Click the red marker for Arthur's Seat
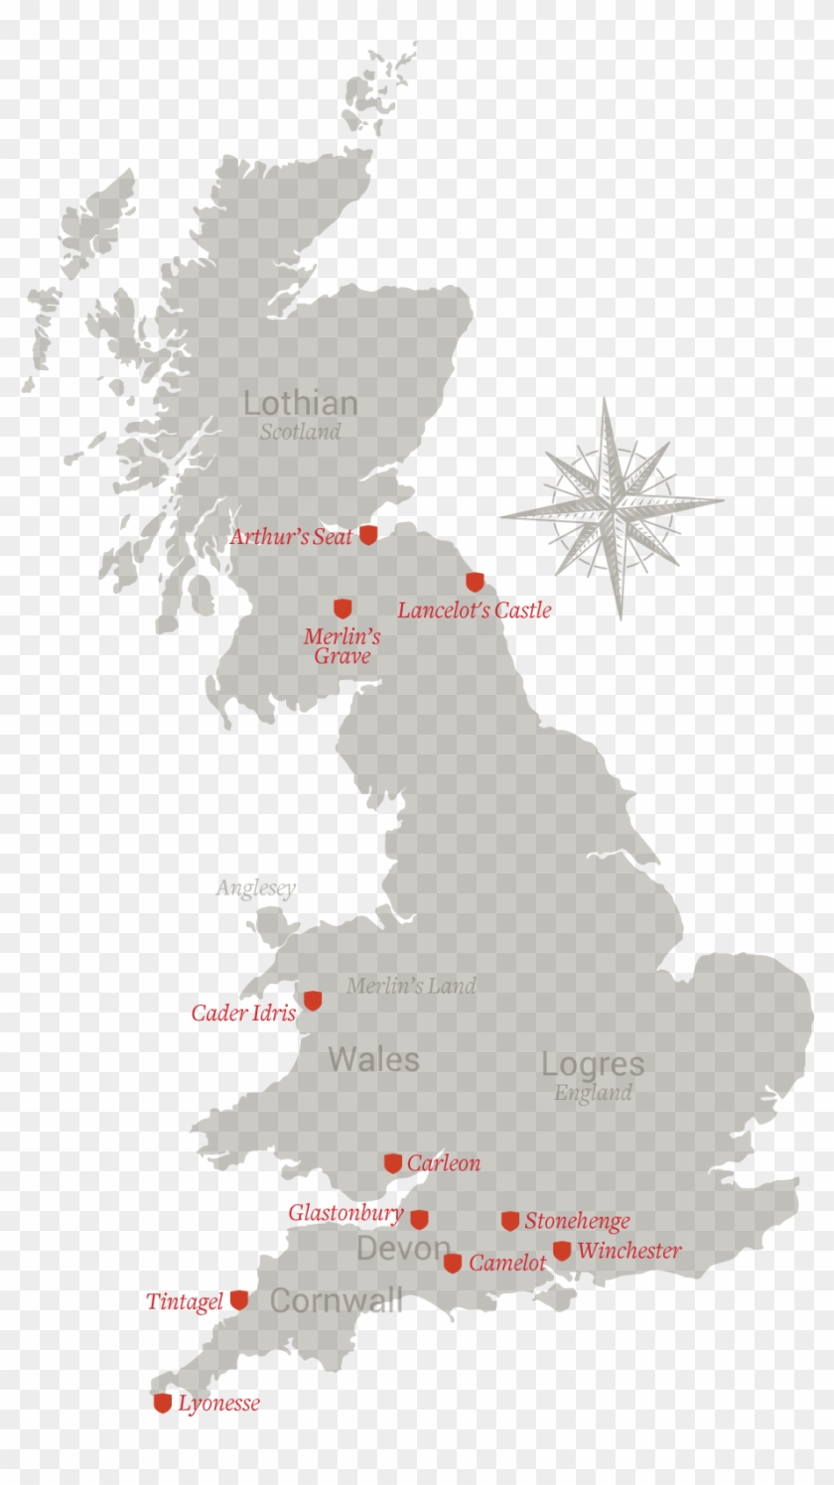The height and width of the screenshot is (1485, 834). point(368,535)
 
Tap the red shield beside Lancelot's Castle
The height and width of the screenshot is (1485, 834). point(476,582)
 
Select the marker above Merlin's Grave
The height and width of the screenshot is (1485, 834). point(343,608)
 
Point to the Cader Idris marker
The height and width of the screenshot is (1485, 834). point(313,1001)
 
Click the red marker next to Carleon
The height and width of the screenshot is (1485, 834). point(393,1163)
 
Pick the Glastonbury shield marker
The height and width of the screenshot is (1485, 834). point(419,1219)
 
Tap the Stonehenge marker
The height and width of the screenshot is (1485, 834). point(510,1221)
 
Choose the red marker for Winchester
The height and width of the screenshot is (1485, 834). point(562,1251)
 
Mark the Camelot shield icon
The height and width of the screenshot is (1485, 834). point(453,1264)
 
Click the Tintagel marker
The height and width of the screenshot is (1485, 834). point(239,1300)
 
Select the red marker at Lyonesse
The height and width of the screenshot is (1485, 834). point(163,1403)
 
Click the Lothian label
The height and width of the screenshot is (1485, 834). point(300,403)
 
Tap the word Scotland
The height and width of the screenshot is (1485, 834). point(300,432)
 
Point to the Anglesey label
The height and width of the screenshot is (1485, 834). point(256,888)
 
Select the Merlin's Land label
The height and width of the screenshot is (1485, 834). point(411,986)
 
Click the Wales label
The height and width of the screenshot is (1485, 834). point(373,1059)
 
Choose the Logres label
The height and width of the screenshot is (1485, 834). point(593,1064)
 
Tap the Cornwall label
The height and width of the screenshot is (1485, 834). point(336,1300)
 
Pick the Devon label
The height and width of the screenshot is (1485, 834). point(402,1249)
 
